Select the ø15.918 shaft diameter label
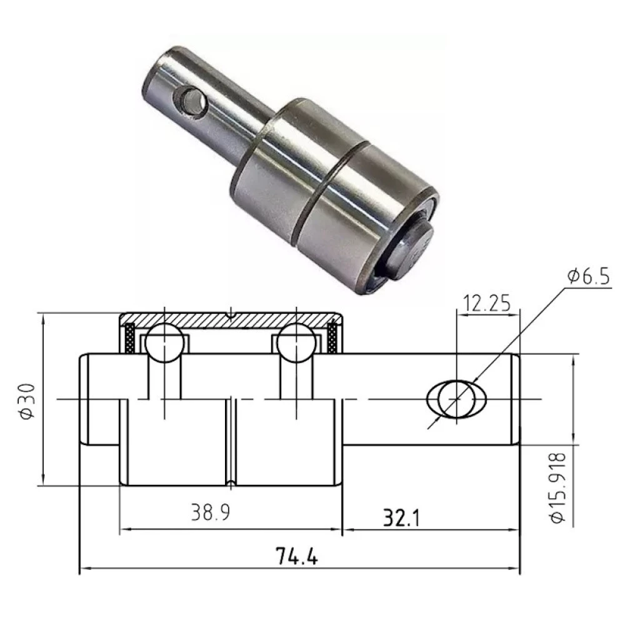[559, 487]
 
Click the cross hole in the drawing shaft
[456, 398]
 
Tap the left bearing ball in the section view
[164, 343]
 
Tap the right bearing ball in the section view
[296, 343]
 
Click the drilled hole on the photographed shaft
[188, 101]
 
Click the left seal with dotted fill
[129, 338]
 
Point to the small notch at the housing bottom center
[231, 483]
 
